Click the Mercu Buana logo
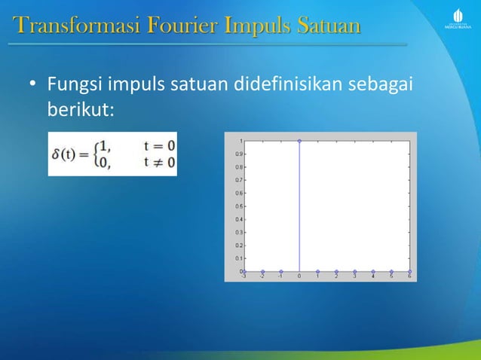[x=457, y=19]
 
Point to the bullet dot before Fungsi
[x=32, y=84]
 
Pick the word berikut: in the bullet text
[x=80, y=109]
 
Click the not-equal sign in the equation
[x=159, y=163]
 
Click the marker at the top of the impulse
[x=299, y=141]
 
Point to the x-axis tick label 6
[x=409, y=276]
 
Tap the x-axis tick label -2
[x=262, y=276]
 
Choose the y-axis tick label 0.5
[x=238, y=206]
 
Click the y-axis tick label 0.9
[x=238, y=154]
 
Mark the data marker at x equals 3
[x=354, y=271]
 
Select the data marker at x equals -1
[x=281, y=271]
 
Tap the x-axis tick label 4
[x=373, y=276]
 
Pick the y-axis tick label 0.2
[x=238, y=245]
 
